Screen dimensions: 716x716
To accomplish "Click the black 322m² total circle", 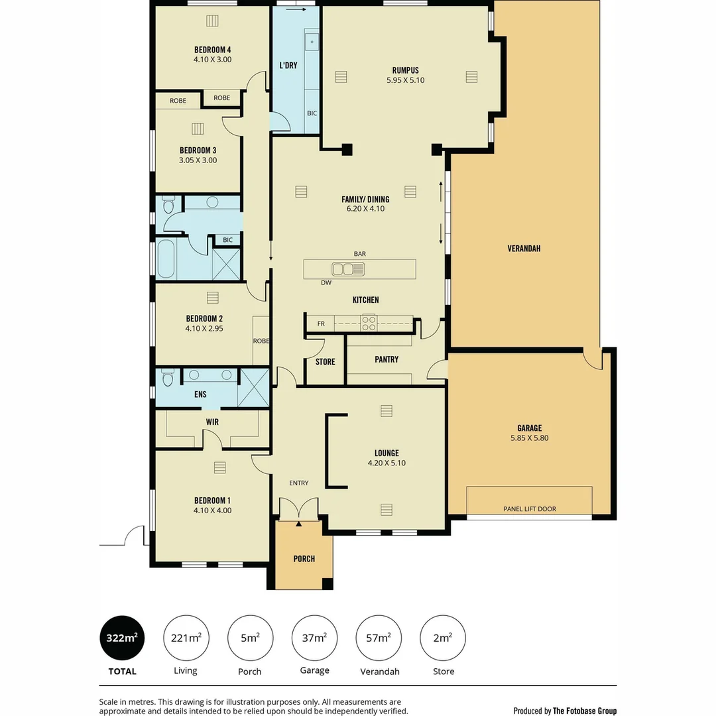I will point(122,638).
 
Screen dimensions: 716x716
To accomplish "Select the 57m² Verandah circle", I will point(379,638).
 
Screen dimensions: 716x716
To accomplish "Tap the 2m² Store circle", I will point(444,638).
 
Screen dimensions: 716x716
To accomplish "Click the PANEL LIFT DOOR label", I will point(529,509).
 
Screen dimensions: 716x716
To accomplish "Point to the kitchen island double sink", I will point(348,268).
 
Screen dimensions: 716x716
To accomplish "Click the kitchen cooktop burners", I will point(368,324).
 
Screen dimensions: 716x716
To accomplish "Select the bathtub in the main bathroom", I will point(166,259).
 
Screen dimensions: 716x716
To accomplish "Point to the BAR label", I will point(360,254).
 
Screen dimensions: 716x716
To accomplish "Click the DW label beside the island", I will point(326,282).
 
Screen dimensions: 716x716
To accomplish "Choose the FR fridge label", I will point(321,324).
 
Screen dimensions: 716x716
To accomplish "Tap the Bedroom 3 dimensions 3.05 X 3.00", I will point(198,160).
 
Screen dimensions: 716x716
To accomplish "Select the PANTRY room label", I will point(387,359).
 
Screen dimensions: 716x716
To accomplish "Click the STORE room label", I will point(325,362).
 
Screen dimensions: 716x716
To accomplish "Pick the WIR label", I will point(212,422).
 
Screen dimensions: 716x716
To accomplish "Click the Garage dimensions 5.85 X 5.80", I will point(529,438).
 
